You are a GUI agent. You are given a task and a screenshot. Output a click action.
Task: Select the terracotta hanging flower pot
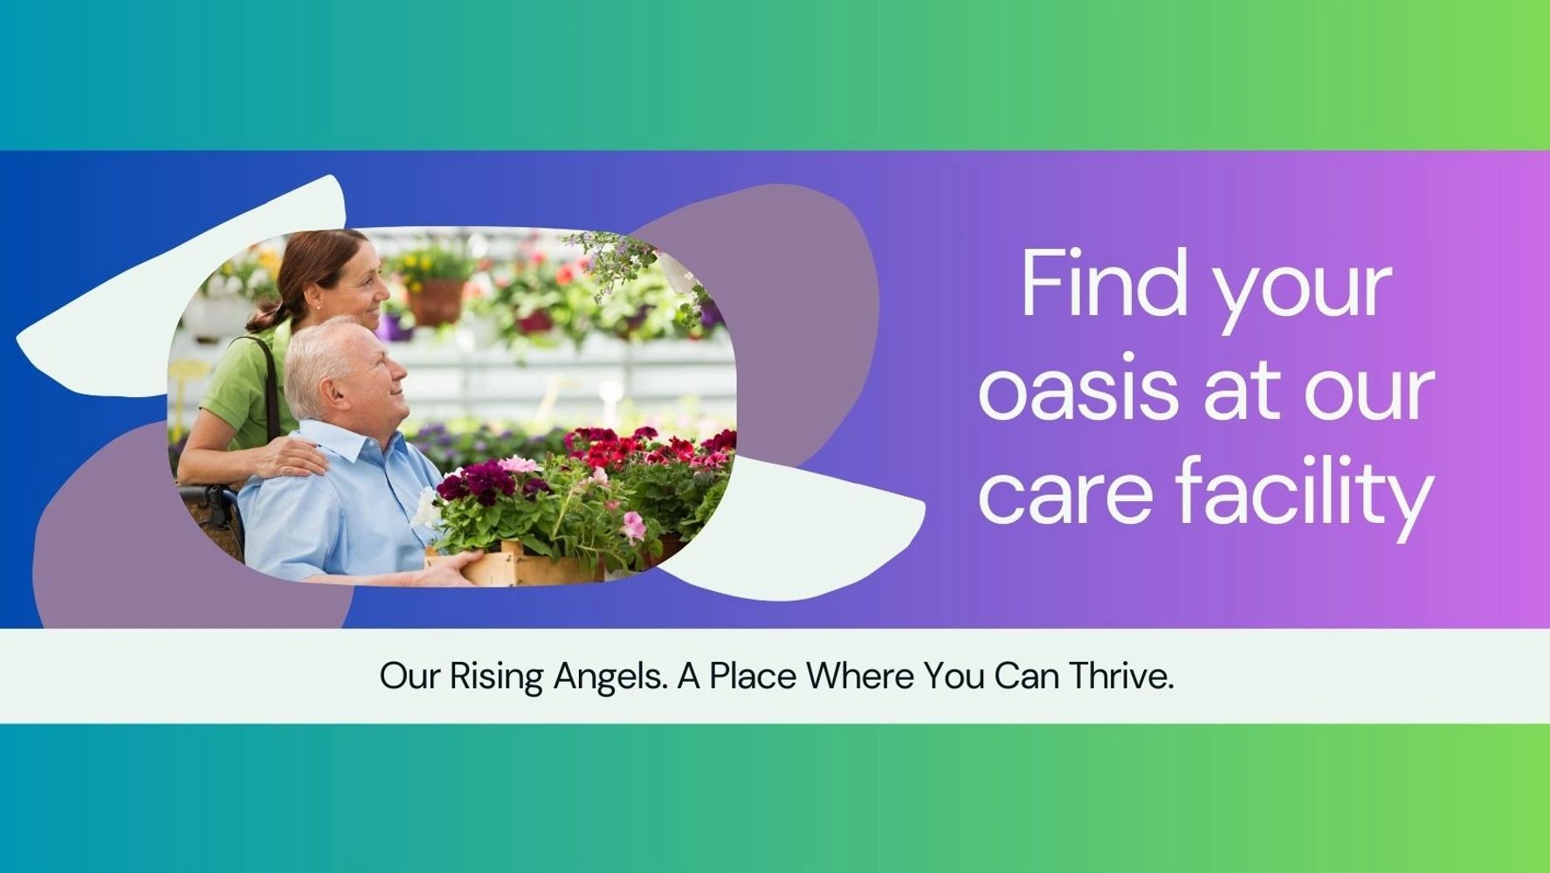pyautogui.click(x=435, y=301)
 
